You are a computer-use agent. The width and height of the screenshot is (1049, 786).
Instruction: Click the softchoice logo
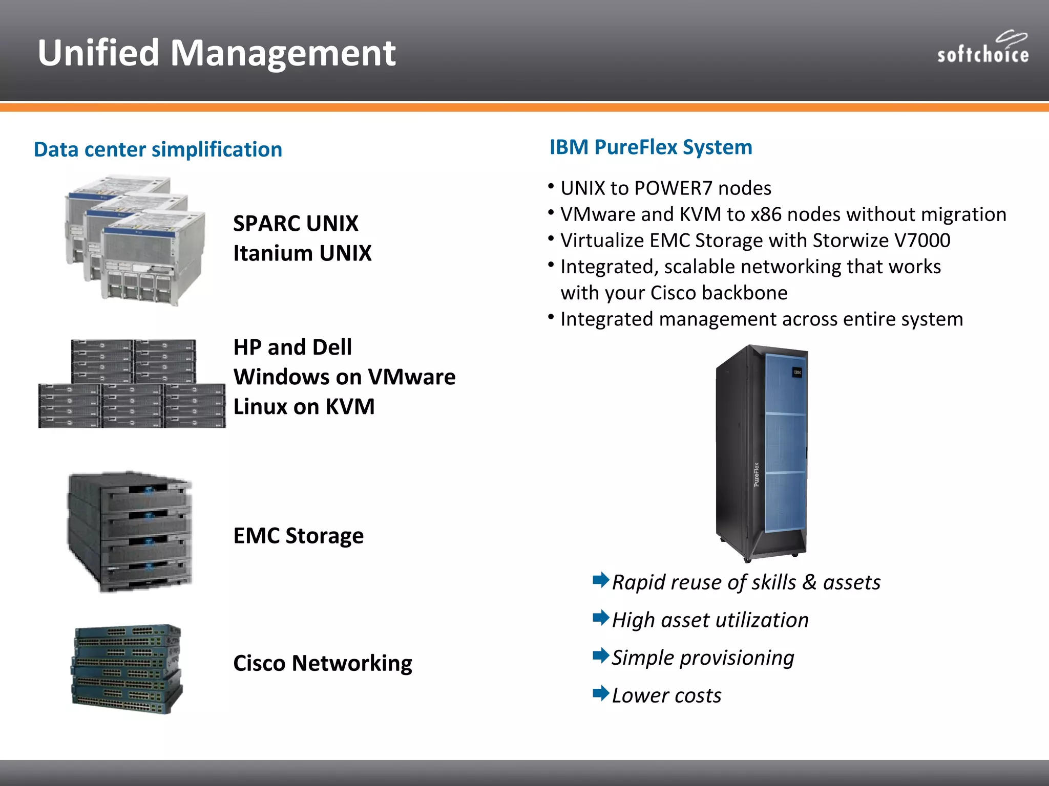[982, 49]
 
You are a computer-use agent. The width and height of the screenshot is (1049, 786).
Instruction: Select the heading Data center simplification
[158, 149]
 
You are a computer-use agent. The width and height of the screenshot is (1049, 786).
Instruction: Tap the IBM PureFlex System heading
[651, 147]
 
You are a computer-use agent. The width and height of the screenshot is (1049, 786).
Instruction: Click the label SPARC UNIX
[296, 224]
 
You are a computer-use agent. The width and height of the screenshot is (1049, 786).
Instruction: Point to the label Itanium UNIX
[302, 253]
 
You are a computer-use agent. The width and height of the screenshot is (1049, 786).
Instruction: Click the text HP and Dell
[292, 347]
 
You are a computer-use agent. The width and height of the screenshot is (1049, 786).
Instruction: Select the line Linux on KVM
[304, 407]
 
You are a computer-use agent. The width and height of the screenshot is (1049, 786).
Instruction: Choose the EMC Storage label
[298, 536]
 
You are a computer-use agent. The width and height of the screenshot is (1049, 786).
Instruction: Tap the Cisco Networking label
[322, 663]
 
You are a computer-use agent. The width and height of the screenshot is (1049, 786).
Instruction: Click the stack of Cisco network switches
[127, 669]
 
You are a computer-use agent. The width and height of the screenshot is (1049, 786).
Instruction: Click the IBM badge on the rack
[797, 373]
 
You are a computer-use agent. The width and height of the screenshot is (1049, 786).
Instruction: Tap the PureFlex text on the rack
[757, 474]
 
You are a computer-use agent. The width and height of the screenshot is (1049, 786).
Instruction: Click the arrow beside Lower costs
[600, 693]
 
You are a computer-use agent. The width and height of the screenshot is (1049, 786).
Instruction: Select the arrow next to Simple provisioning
[600, 656]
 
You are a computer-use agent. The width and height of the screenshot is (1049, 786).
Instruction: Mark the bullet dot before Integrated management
[551, 317]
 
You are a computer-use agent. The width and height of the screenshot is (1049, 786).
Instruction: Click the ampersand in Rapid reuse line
[809, 582]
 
